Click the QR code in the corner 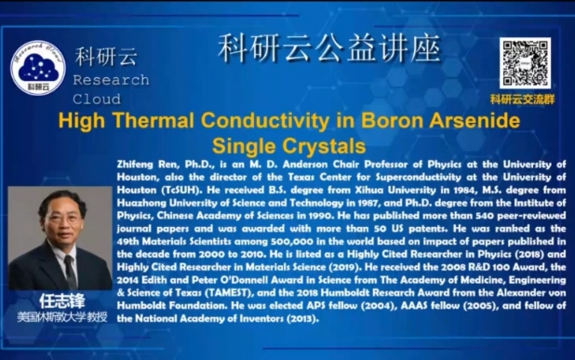tap(524, 62)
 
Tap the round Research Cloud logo tap(38, 66)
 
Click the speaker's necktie tap(70, 269)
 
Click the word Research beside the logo tap(110, 81)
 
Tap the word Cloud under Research tap(97, 99)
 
